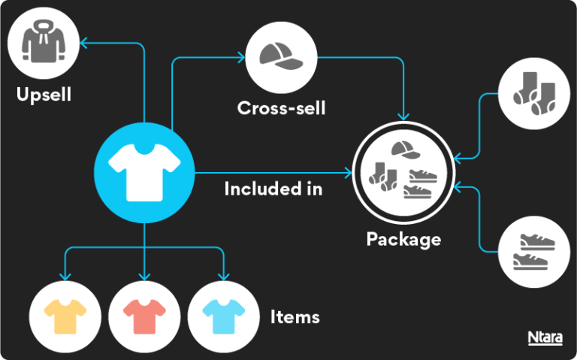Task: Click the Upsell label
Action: [44, 95]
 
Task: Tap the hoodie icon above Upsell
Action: [44, 44]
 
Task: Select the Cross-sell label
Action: [281, 107]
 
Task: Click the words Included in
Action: [273, 188]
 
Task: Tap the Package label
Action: [403, 240]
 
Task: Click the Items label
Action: [295, 316]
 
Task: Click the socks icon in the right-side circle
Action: [534, 94]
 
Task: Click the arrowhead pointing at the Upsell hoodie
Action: [85, 43]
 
